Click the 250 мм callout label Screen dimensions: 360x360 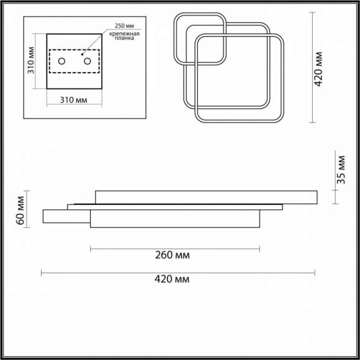(x=124, y=25)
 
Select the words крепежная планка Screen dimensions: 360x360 (x=124, y=36)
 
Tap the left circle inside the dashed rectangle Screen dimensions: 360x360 (x=61, y=61)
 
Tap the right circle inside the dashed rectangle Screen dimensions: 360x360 (x=88, y=61)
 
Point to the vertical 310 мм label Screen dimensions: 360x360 (x=31, y=60)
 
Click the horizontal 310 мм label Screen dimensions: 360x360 (x=73, y=100)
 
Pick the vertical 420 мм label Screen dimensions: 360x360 (x=318, y=69)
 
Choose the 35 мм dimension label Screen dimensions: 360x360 (x=341, y=169)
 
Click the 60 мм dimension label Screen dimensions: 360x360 (x=20, y=210)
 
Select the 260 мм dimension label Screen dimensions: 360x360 (x=173, y=255)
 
